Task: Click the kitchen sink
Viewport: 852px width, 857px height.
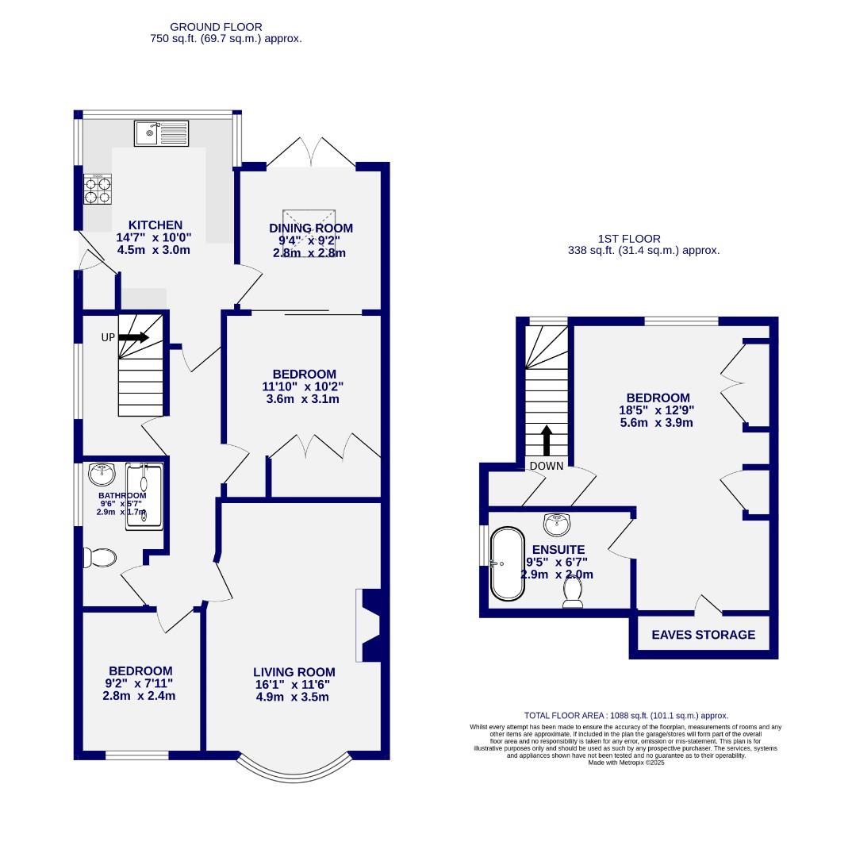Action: pyautogui.click(x=161, y=133)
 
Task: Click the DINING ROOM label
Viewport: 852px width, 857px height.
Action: pyautogui.click(x=310, y=229)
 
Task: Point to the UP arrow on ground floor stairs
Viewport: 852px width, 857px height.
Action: pyautogui.click(x=134, y=337)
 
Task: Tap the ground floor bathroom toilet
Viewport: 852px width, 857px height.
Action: pyautogui.click(x=101, y=558)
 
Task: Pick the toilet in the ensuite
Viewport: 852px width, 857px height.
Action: pyautogui.click(x=572, y=591)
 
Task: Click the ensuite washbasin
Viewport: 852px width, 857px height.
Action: pyautogui.click(x=558, y=524)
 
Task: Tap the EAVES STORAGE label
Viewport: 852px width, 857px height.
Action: pyautogui.click(x=703, y=635)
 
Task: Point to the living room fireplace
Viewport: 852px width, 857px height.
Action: pyautogui.click(x=370, y=625)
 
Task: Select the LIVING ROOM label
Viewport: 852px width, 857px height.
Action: pyautogui.click(x=294, y=672)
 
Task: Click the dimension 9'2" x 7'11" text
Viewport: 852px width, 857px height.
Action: pyautogui.click(x=140, y=683)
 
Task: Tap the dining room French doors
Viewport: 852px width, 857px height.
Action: pyautogui.click(x=311, y=152)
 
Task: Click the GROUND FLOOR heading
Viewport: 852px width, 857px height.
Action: pyautogui.click(x=216, y=27)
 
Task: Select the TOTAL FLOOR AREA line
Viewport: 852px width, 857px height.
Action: pyautogui.click(x=626, y=715)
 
